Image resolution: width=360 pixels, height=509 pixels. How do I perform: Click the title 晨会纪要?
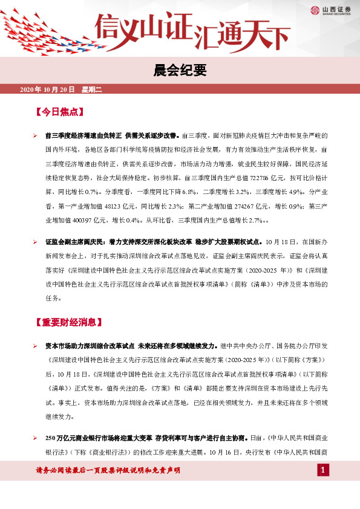[180, 71]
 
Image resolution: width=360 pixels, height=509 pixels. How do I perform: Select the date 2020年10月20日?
[47, 89]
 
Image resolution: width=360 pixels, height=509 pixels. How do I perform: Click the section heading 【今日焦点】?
[59, 112]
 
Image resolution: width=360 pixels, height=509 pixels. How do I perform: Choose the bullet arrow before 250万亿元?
[35, 437]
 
